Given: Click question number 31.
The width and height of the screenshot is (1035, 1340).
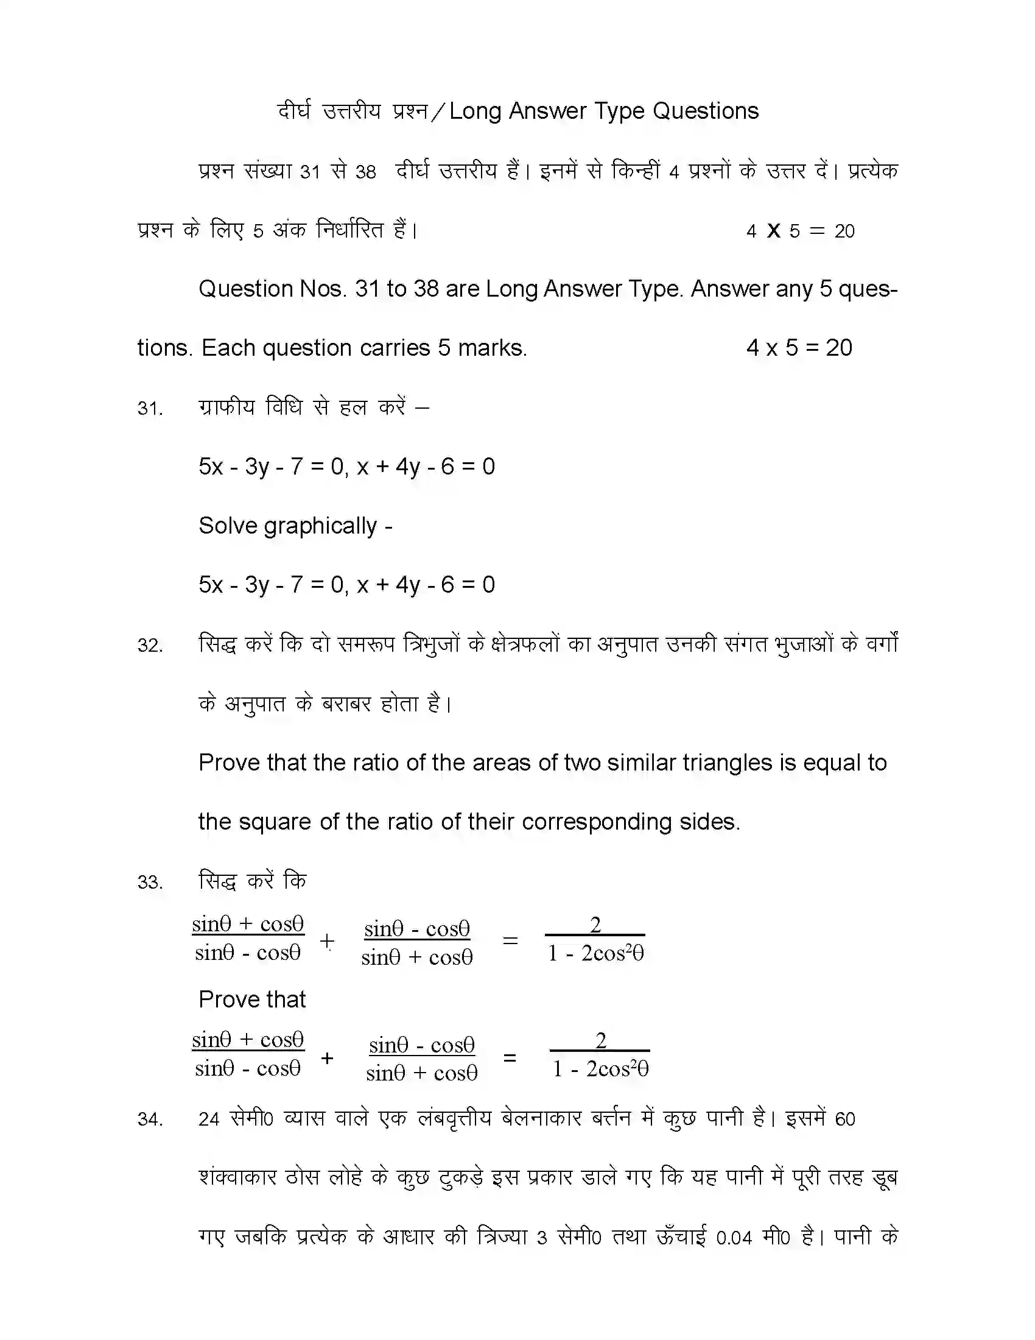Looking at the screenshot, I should click(150, 409).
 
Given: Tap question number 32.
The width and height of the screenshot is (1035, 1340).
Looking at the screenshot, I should click(150, 646).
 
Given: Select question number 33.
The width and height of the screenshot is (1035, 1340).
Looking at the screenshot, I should click(150, 883).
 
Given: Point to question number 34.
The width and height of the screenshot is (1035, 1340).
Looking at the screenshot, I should click(150, 1120).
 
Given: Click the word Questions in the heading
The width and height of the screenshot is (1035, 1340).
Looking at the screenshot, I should click(705, 111).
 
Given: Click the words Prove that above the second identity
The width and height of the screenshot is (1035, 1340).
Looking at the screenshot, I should click(252, 1000).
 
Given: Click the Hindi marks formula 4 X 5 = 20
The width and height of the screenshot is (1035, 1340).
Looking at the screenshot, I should click(800, 231).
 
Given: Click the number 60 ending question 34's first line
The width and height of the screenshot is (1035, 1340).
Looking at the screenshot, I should click(844, 1120).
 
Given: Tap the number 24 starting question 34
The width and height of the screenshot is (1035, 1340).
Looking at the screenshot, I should click(208, 1120).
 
